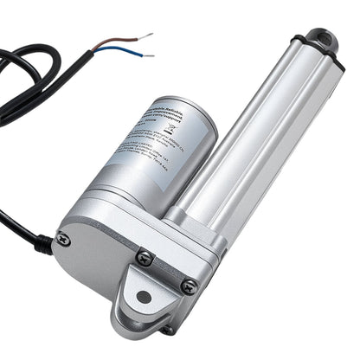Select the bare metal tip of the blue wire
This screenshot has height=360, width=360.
(x=148, y=55)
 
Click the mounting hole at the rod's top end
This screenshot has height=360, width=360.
(x=325, y=38)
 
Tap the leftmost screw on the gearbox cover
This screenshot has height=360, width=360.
(x=63, y=239)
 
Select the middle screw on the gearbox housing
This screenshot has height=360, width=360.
(x=145, y=257)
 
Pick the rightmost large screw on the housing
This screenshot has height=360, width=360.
(x=189, y=285)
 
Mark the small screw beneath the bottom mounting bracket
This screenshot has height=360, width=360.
(x=167, y=328)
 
